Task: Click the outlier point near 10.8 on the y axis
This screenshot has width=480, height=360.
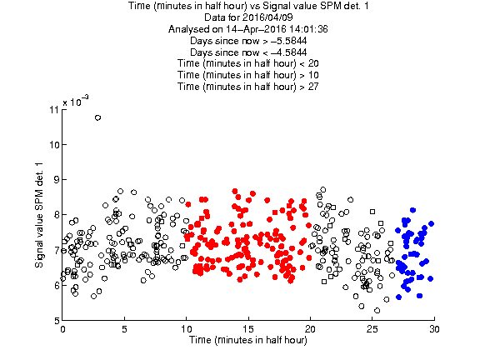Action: (x=97, y=117)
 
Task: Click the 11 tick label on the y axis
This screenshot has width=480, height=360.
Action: (x=54, y=110)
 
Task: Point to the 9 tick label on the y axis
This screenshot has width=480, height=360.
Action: (x=56, y=179)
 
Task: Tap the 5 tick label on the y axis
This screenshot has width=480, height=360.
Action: (x=56, y=321)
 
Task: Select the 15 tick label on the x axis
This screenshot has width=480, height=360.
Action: (x=248, y=329)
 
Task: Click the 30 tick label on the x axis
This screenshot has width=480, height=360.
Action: (x=434, y=329)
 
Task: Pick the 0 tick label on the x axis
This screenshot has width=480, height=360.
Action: (x=62, y=329)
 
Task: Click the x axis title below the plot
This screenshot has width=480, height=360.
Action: (x=248, y=340)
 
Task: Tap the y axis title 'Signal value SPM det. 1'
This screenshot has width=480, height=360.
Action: (x=39, y=215)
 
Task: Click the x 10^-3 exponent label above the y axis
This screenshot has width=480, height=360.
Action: (x=76, y=101)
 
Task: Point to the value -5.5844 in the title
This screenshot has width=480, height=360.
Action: (x=288, y=41)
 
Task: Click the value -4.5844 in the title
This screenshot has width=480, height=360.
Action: (x=288, y=52)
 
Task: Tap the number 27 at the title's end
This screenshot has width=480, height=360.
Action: (x=313, y=87)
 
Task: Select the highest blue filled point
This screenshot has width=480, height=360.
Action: (x=412, y=210)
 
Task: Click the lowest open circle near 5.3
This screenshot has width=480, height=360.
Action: (x=377, y=310)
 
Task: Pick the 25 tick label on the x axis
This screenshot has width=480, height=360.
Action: (x=372, y=329)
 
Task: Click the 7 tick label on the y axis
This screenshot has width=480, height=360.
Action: (x=56, y=250)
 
